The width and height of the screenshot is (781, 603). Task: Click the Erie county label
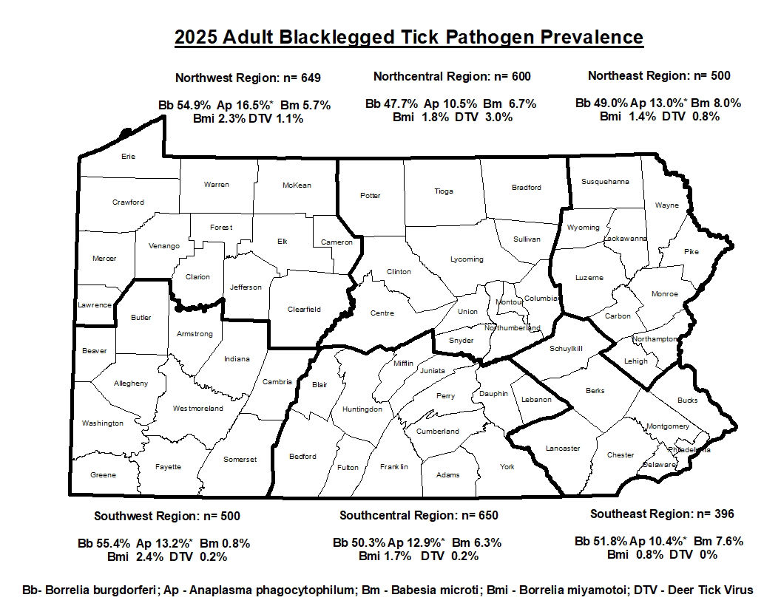(128, 157)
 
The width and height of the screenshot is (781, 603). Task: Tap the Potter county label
(370, 196)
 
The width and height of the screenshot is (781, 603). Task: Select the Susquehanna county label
(605, 181)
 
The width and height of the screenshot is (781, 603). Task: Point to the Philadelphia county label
(689, 449)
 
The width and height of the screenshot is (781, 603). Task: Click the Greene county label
(103, 475)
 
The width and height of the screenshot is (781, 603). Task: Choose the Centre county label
(382, 313)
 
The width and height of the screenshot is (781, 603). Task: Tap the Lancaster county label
(563, 449)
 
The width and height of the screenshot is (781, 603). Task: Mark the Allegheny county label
(131, 384)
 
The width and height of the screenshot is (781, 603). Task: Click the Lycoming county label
(467, 259)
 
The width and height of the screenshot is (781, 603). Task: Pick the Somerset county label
(240, 460)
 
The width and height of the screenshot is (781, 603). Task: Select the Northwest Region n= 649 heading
(248, 78)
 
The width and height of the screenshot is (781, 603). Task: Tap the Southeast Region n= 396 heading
(662, 514)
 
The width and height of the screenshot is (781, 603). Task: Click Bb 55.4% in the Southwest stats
(104, 543)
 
